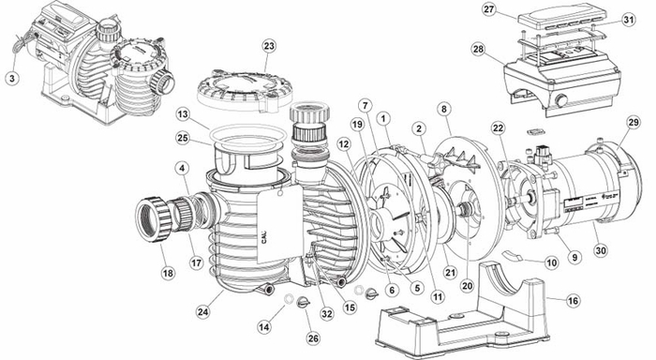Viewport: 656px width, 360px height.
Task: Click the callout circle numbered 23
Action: point(269,45)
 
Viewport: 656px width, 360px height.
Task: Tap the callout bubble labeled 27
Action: point(488,9)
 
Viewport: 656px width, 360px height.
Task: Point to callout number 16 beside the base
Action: point(573,300)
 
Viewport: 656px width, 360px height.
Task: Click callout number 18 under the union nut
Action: point(168,273)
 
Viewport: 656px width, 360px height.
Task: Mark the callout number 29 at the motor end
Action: point(634,121)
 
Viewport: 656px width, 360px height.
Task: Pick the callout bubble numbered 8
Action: point(444,109)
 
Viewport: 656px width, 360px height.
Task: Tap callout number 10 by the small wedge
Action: point(552,264)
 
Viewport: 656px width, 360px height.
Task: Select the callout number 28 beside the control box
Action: point(478,49)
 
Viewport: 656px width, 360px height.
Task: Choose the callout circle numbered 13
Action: point(184,114)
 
